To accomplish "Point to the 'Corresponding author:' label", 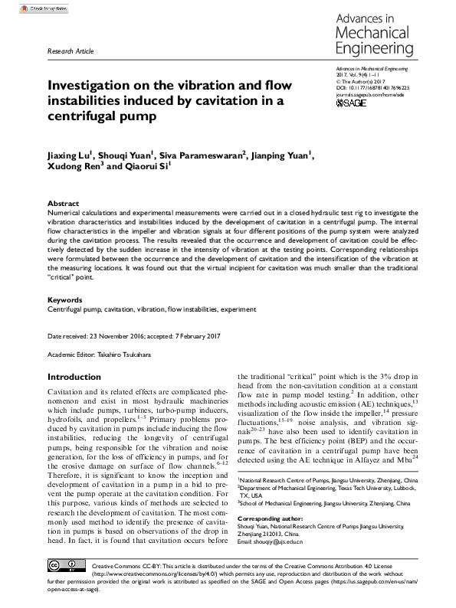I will (271, 520).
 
